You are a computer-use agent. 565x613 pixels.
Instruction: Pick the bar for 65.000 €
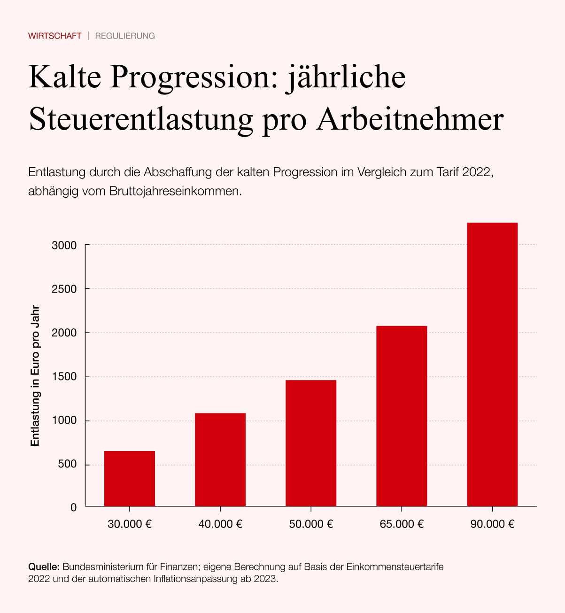(x=402, y=416)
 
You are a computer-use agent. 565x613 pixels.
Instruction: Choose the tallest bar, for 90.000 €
(x=492, y=364)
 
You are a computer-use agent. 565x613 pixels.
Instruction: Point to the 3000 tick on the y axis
(x=64, y=245)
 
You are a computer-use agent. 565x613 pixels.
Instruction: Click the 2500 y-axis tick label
(x=64, y=289)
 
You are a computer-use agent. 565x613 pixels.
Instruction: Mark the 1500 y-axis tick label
(x=64, y=377)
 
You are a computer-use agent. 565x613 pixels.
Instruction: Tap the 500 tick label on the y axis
(x=68, y=465)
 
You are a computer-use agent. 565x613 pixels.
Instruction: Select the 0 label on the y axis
(x=74, y=507)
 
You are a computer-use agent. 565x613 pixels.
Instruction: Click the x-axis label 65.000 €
(x=402, y=524)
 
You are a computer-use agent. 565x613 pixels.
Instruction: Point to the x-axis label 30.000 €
(x=130, y=524)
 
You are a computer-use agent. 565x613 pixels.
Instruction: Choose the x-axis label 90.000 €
(x=492, y=524)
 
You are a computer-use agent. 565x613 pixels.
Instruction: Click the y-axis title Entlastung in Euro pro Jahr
(x=35, y=376)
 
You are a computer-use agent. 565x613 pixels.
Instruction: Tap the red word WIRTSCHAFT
(x=55, y=36)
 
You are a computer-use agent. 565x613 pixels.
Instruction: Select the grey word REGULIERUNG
(x=125, y=36)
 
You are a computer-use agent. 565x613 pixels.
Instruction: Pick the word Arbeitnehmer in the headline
(x=410, y=120)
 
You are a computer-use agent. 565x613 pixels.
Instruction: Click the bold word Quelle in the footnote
(x=44, y=567)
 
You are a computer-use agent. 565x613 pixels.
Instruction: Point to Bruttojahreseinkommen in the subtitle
(x=175, y=192)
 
